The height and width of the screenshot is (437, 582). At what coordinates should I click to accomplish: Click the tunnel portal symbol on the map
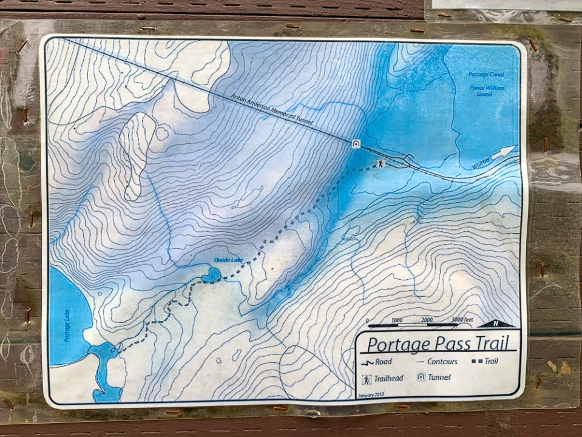(356, 144)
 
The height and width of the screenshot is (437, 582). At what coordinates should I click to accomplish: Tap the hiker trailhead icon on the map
(381, 164)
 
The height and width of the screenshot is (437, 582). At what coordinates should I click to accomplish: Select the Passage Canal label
(486, 75)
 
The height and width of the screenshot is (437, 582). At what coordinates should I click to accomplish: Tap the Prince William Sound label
(487, 90)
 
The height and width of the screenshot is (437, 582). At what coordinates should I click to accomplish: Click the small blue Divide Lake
(211, 276)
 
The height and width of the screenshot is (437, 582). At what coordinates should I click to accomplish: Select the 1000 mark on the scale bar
(396, 320)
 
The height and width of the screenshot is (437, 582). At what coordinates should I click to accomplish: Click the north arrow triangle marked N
(498, 324)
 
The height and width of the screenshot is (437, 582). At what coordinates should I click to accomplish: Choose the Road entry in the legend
(376, 362)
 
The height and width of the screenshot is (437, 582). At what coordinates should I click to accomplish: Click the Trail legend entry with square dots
(485, 362)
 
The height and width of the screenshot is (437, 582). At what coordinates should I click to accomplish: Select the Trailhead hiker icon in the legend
(367, 379)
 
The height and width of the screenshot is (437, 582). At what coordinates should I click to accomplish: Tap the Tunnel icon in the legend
(421, 378)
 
